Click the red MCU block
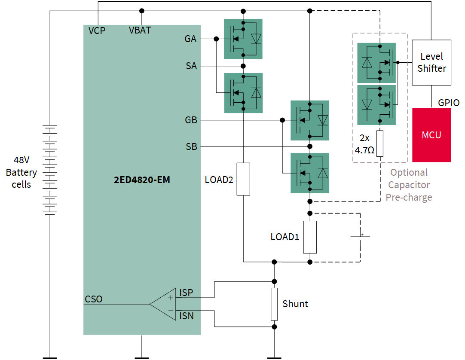(431, 135)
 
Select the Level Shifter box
(431, 62)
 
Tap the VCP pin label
(97, 31)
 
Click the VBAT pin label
(140, 31)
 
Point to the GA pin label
(190, 39)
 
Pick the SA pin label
(191, 66)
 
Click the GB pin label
(191, 120)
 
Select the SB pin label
(191, 147)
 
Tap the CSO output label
(94, 299)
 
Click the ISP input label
(186, 293)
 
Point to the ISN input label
(186, 317)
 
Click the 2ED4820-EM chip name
(142, 180)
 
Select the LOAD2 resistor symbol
(243, 179)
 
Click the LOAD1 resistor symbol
(310, 237)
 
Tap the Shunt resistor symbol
(274, 304)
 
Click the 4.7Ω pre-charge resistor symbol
(379, 143)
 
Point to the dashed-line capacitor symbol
(360, 237)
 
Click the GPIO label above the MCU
(449, 103)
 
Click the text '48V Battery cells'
(21, 172)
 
